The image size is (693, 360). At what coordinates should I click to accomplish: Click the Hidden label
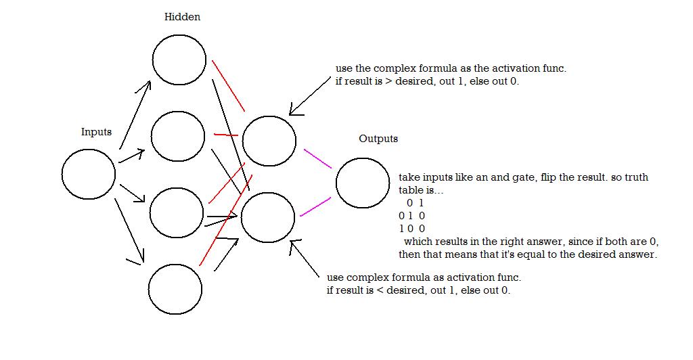coord(182,17)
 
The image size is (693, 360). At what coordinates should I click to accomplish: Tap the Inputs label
coord(96,132)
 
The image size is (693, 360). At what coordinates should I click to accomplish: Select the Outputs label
coord(378,139)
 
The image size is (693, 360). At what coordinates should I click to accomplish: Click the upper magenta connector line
coord(318,159)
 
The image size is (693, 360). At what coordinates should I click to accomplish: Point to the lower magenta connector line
coord(315,206)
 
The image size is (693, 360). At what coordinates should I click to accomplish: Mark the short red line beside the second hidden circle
coord(226,134)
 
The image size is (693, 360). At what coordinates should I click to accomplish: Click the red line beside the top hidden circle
coord(228,86)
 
